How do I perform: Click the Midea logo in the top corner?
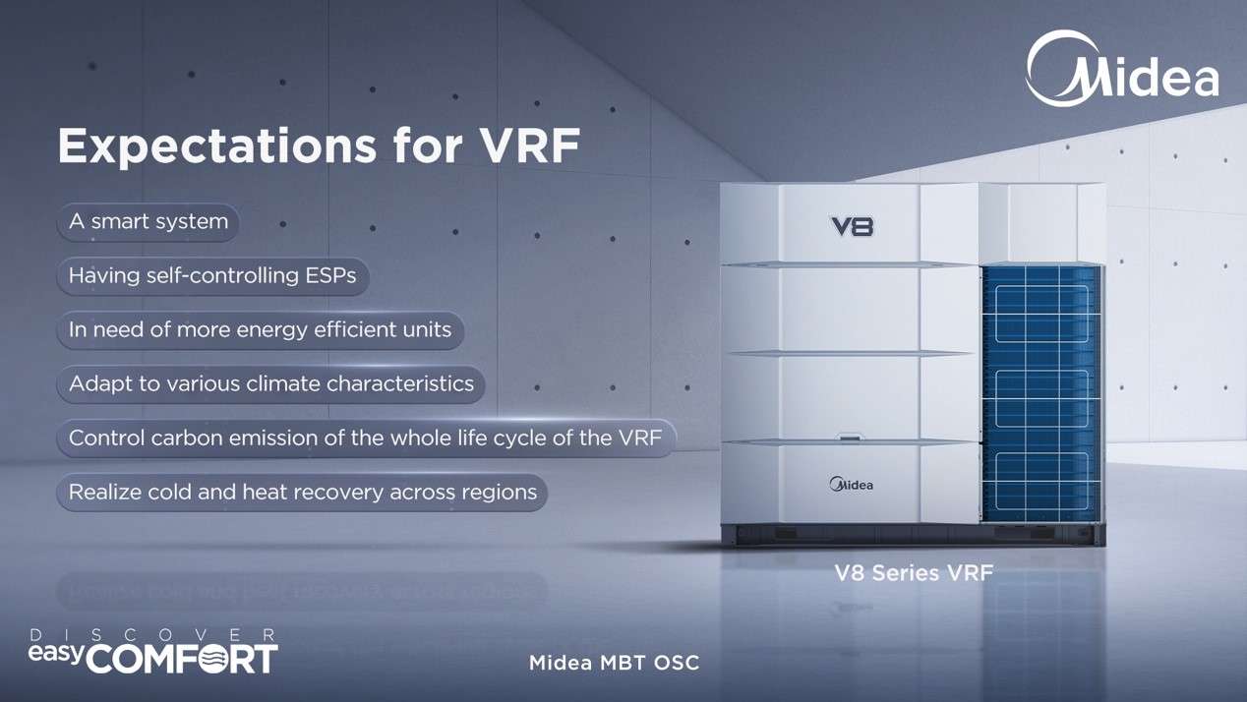(x=1122, y=69)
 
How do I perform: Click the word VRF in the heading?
(x=530, y=146)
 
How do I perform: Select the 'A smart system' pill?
(x=148, y=222)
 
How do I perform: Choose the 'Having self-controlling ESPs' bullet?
(x=212, y=276)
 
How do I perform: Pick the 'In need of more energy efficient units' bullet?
(x=260, y=330)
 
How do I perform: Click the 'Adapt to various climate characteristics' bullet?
(x=271, y=384)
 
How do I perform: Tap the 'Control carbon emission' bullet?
(x=366, y=439)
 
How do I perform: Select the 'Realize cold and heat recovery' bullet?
(x=302, y=493)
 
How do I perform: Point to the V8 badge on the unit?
(x=853, y=226)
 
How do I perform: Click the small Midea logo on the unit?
(x=852, y=485)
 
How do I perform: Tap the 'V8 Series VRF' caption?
(x=914, y=573)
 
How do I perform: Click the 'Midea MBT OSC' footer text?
(x=614, y=663)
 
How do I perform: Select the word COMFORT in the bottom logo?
(x=182, y=659)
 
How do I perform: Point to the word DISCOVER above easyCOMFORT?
(x=152, y=635)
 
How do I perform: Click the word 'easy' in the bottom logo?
(x=57, y=653)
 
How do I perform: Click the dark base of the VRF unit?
(x=913, y=535)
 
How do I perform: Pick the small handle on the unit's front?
(x=850, y=437)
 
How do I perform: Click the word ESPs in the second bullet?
(x=330, y=275)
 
